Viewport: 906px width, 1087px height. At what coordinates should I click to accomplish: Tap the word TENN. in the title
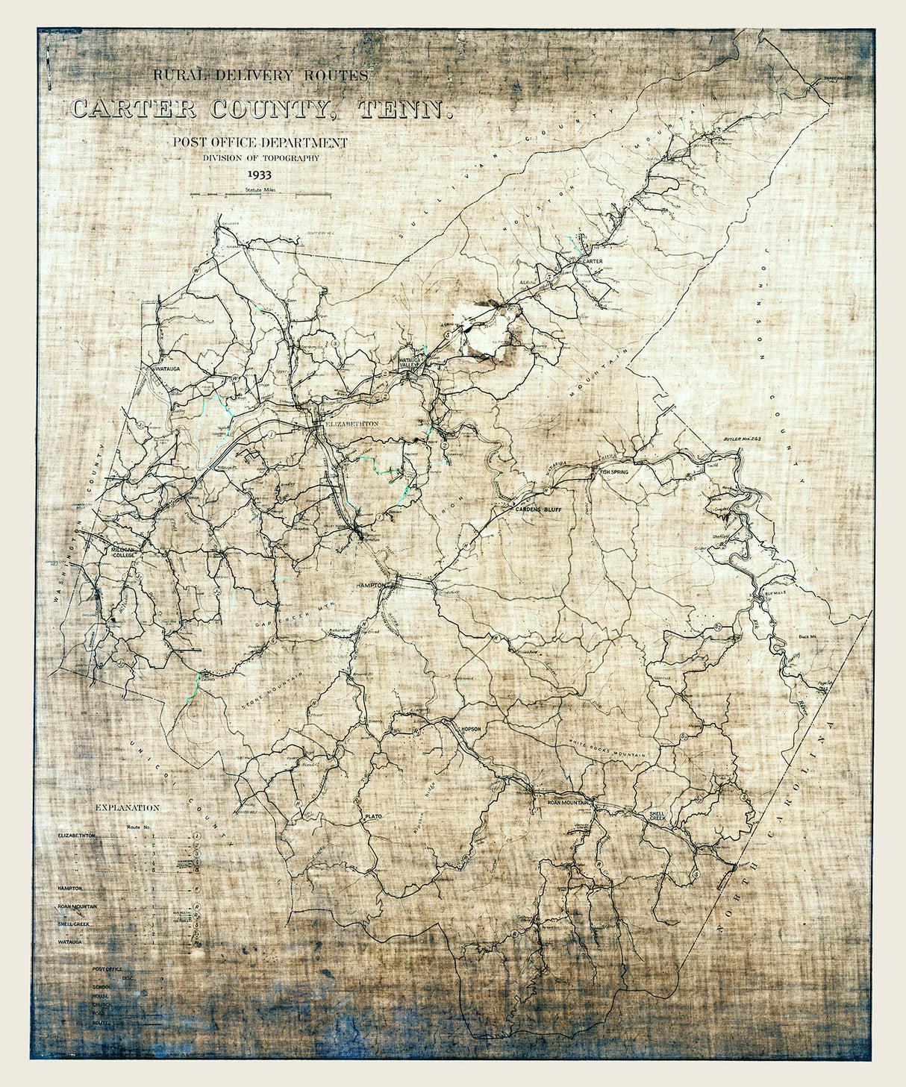(405, 110)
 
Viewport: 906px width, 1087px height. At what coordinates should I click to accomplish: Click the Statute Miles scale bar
(260, 195)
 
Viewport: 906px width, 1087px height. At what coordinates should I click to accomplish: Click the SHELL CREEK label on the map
(657, 815)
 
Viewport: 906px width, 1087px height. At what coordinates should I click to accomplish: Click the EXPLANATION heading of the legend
(127, 807)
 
